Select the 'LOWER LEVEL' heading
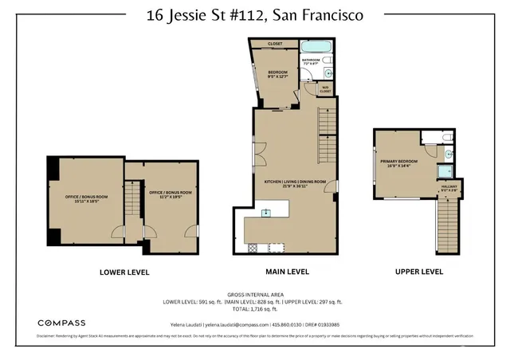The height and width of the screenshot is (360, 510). [x=124, y=272]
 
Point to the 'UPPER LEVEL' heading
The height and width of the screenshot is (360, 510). [x=419, y=272]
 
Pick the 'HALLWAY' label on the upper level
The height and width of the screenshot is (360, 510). [x=449, y=188]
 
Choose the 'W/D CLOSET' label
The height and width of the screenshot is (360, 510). [x=325, y=89]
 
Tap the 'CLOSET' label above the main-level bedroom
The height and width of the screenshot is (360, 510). [x=275, y=44]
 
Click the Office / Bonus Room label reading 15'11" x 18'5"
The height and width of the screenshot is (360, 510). [x=86, y=198]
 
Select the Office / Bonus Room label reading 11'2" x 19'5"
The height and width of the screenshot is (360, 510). [x=171, y=194]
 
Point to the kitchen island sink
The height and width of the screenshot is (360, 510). [x=266, y=212]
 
